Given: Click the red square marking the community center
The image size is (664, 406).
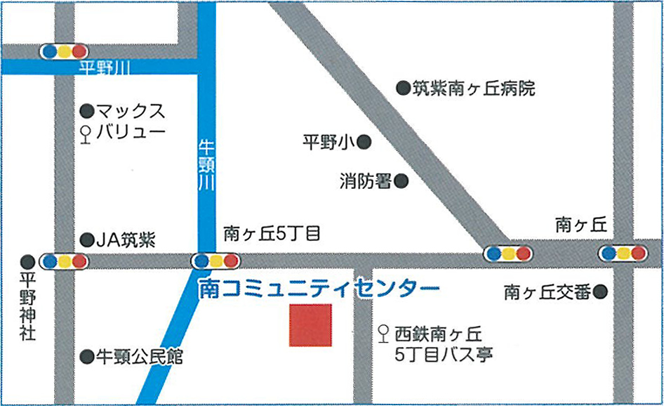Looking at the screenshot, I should click(310, 325).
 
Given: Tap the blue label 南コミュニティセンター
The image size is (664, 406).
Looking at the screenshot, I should click(319, 288).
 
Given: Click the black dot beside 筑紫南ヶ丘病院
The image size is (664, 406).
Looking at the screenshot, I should click(403, 89).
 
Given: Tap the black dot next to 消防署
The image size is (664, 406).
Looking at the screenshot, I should click(401, 182).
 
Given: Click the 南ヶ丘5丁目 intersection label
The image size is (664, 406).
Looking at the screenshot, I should click(272, 233).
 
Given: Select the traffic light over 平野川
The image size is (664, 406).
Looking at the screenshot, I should click(64, 51).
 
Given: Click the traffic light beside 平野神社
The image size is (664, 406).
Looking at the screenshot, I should click(64, 261).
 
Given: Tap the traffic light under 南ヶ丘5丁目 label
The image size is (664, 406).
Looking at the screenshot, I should click(215, 261).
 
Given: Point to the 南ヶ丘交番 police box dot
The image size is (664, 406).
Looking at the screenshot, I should click(599, 292).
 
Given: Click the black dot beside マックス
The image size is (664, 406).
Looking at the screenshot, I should click(86, 111).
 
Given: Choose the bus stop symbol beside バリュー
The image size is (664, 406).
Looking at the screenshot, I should click(86, 133).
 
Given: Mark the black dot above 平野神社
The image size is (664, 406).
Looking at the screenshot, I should click(27, 261).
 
